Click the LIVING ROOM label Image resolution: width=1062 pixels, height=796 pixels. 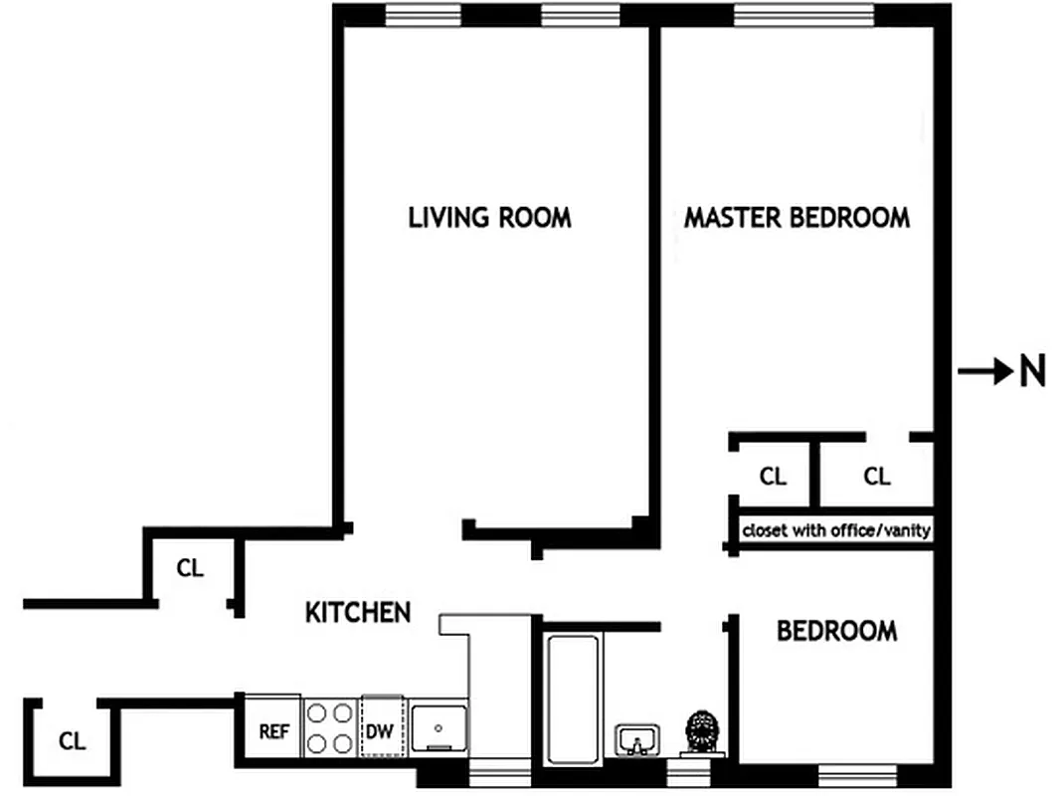point(489,217)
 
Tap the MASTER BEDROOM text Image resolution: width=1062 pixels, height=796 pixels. point(796,217)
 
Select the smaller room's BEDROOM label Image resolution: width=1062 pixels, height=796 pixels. point(836,631)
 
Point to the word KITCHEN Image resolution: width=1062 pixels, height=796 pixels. point(358,612)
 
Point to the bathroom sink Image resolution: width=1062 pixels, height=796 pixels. point(634,740)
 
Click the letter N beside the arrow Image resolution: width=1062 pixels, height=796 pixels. point(1032,372)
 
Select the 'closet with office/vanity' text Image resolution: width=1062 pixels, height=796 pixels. point(836,530)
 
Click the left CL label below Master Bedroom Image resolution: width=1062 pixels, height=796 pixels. point(773,477)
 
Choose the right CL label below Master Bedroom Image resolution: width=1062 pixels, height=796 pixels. point(877,477)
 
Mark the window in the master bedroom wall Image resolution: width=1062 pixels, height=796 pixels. point(803,15)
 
